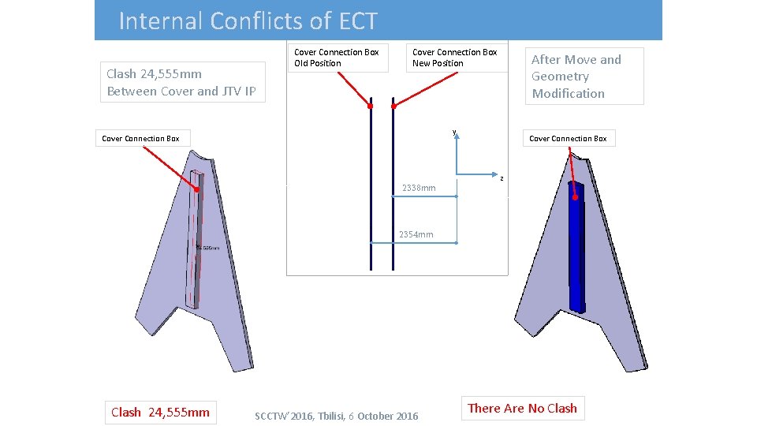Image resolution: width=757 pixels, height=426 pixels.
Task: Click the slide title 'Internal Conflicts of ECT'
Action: click(248, 21)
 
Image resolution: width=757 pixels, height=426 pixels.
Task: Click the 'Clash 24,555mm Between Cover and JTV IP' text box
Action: click(181, 83)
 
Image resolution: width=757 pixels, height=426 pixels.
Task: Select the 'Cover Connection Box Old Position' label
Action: click(337, 58)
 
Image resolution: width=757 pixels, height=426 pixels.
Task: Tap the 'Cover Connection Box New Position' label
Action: click(455, 58)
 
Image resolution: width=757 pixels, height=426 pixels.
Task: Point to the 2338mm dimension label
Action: click(418, 188)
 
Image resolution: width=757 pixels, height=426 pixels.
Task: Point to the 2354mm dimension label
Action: click(416, 234)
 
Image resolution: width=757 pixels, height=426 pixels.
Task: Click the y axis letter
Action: click(454, 132)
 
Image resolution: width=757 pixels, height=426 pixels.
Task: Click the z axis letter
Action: click(502, 177)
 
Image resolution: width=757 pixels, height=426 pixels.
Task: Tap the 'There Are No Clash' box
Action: click(522, 408)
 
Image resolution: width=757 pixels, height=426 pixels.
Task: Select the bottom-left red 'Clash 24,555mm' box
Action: click(160, 412)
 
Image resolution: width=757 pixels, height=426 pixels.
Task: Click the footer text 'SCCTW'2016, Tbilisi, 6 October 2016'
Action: click(337, 416)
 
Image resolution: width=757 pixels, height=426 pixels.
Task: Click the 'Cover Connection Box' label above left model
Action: click(140, 139)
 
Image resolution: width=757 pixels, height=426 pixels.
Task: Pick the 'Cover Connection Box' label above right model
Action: click(568, 139)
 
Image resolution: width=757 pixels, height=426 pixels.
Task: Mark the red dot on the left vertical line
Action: click(370, 106)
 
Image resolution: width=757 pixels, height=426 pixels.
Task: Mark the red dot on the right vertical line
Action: click(393, 106)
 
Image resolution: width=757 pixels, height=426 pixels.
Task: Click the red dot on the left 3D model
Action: click(196, 189)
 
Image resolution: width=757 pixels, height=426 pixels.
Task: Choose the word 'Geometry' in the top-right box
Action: click(560, 77)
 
